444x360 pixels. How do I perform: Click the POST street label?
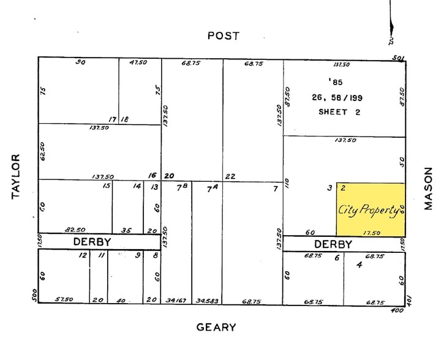223,36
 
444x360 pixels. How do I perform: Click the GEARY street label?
216,327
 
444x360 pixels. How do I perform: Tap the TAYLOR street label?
17,177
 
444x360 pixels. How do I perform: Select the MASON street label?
428,189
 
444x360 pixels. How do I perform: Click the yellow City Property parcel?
370,209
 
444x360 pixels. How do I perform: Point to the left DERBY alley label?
92,242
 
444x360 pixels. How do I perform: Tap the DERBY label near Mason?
333,244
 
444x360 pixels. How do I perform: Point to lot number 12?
83,255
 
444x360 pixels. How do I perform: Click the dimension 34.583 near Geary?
207,300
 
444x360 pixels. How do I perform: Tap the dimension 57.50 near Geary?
64,300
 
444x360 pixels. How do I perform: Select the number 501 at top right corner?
400,58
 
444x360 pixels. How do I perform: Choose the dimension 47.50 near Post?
140,62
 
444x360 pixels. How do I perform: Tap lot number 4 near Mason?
359,265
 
